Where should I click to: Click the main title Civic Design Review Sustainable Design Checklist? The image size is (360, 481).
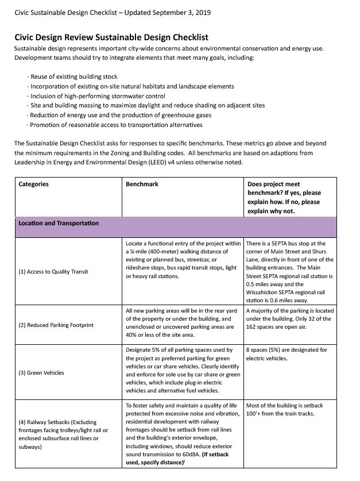click(x=111, y=37)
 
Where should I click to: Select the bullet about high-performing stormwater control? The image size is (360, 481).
click(x=98, y=96)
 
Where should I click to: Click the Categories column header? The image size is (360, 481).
click(x=34, y=184)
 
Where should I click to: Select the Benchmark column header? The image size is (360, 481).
click(x=142, y=184)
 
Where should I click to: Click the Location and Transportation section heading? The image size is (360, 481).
click(x=59, y=223)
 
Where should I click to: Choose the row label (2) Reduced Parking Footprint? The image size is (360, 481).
click(x=56, y=325)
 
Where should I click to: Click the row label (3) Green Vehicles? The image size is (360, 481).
click(x=41, y=373)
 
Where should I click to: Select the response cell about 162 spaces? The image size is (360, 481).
click(x=289, y=319)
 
